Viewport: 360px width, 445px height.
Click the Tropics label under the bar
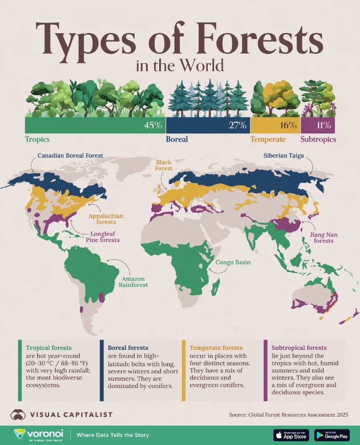tap(37, 139)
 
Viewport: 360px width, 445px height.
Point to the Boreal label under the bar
tap(177, 139)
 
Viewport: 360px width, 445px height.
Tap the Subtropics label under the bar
tap(318, 139)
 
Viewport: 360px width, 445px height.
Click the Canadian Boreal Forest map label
tap(70, 156)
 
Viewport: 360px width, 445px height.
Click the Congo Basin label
tap(233, 262)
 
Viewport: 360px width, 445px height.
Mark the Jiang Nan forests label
tap(323, 237)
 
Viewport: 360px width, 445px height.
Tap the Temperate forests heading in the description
tap(216, 348)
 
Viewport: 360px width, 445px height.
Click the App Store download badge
tap(291, 435)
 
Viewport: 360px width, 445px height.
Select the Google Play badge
tap(332, 435)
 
